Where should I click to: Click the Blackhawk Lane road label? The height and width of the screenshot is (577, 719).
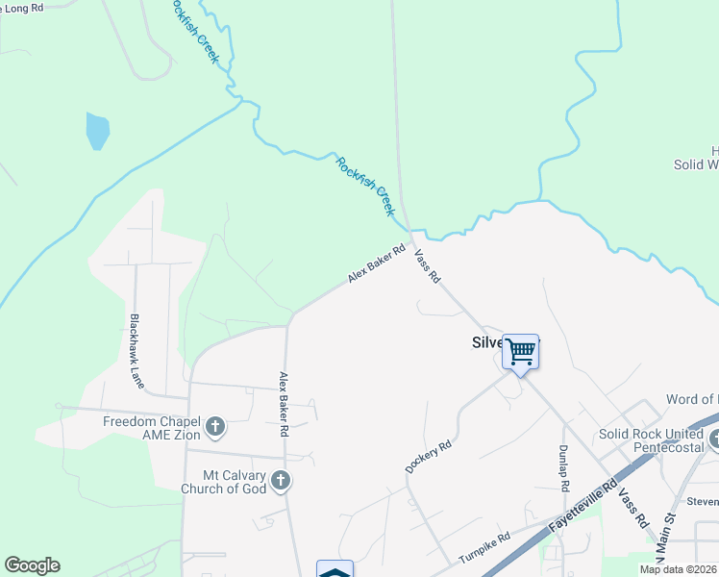137,350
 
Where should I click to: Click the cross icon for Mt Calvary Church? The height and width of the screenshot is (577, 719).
280,479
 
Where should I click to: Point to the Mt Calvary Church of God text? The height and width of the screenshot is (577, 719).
227,482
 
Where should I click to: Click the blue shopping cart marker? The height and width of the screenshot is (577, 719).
521,353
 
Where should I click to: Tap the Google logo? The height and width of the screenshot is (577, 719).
32,565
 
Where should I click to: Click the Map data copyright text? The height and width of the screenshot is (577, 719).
678,569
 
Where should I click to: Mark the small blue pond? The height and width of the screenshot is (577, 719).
97,131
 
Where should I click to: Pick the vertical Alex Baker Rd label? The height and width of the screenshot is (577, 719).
285,405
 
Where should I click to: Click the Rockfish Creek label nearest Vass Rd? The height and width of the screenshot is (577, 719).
365,185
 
